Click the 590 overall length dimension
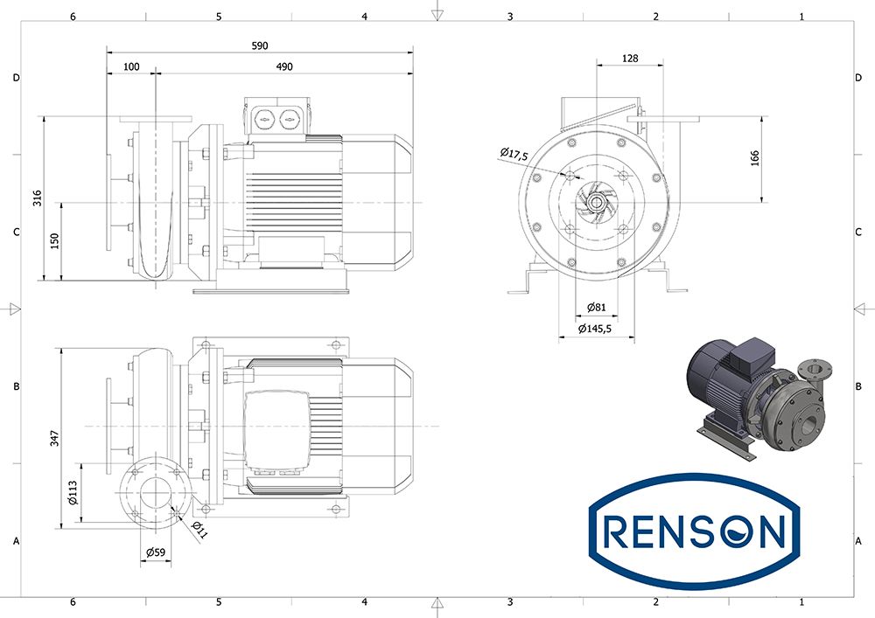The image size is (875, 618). (x=260, y=45)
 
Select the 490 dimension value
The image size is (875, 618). (x=284, y=67)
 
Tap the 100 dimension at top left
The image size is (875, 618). (x=131, y=67)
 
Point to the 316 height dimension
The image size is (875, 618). (x=38, y=198)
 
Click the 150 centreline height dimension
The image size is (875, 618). (x=54, y=240)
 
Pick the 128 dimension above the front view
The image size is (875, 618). (x=629, y=58)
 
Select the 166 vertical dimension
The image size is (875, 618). (x=755, y=159)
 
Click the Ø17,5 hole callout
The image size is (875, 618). (x=514, y=154)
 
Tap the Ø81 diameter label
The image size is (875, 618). (x=596, y=307)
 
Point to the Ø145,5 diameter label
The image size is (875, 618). (x=595, y=329)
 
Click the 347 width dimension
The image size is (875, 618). (x=54, y=437)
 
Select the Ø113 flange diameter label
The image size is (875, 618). (x=73, y=493)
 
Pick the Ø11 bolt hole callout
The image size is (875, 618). (x=199, y=530)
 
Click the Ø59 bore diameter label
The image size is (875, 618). (x=156, y=552)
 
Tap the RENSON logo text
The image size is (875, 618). (x=694, y=531)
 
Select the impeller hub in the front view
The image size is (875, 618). (x=596, y=202)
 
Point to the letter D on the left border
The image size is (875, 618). (x=16, y=78)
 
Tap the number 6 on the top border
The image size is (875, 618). (x=73, y=17)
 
